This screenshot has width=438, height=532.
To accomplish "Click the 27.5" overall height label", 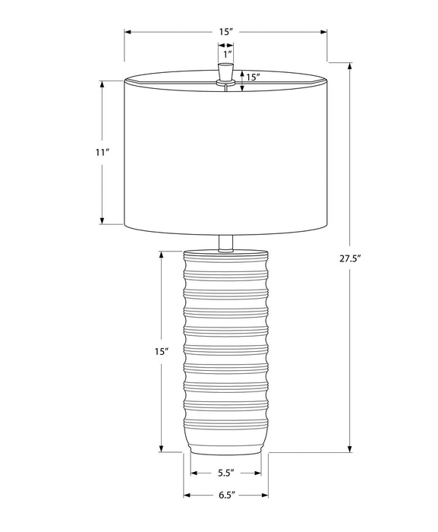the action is (x=349, y=259).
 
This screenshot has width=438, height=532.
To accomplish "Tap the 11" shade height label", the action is (x=102, y=152).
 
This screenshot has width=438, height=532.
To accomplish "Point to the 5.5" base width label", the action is (x=226, y=473).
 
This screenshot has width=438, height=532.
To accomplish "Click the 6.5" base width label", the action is (x=227, y=495).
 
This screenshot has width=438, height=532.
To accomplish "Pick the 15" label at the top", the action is (x=226, y=32).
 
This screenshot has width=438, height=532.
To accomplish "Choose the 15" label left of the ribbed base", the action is (x=162, y=351).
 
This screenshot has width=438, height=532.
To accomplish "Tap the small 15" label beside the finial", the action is (x=253, y=78).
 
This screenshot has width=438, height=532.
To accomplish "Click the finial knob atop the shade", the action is (x=225, y=71).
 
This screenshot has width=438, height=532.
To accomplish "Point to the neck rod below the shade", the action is (x=225, y=243).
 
